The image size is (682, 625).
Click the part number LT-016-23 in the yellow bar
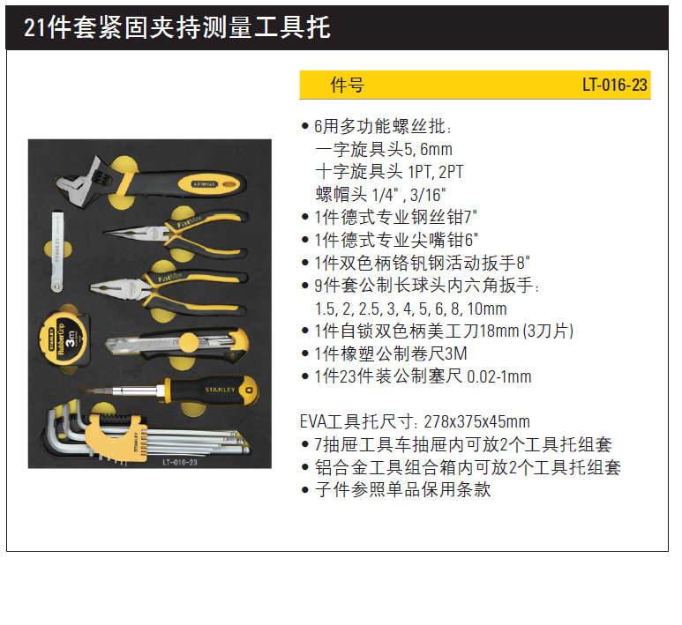[x=615, y=85]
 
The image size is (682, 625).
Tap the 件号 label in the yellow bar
[x=347, y=85]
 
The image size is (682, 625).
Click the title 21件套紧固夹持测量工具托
[x=177, y=27]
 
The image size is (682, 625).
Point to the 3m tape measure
[x=64, y=339]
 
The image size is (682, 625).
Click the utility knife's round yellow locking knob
[x=189, y=343]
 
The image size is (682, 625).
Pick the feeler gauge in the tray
[x=57, y=251]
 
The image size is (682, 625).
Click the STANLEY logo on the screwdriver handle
[x=220, y=390]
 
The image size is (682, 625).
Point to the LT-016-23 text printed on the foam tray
[x=180, y=462]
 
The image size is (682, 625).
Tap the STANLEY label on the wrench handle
[x=204, y=184]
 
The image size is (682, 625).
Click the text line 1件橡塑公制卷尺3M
[x=391, y=353]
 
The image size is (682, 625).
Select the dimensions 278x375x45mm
[x=476, y=421]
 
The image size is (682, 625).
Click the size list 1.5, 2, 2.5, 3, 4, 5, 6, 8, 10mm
[x=410, y=309]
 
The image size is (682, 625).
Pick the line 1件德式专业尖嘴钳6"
[x=396, y=240]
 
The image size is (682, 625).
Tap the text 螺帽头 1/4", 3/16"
[x=380, y=194]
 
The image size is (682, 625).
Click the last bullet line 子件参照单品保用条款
[x=403, y=490]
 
